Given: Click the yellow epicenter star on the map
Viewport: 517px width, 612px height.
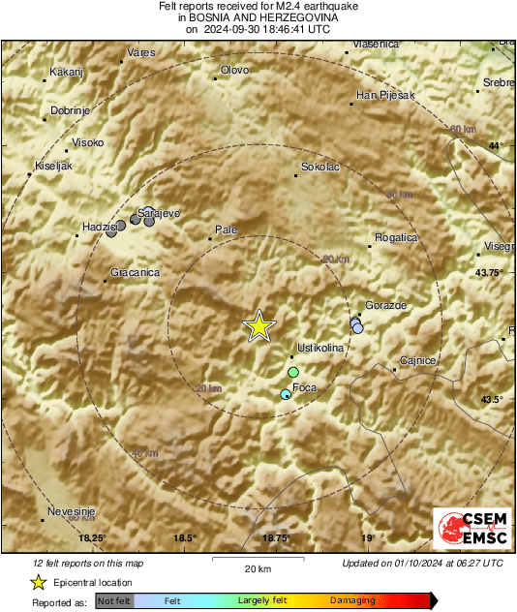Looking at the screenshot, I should coord(258,326).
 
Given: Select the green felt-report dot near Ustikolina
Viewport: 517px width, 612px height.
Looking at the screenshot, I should coord(293,372).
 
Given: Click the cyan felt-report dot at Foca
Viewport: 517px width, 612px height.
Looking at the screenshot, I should coord(285,394).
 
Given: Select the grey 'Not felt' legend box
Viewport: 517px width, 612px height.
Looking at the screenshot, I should coord(114,600).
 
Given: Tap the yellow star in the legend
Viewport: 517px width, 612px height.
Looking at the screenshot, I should coord(38,582).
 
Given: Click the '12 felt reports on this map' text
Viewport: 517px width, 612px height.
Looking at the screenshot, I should coord(88,563).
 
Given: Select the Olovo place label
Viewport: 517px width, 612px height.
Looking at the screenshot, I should coord(235,70).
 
